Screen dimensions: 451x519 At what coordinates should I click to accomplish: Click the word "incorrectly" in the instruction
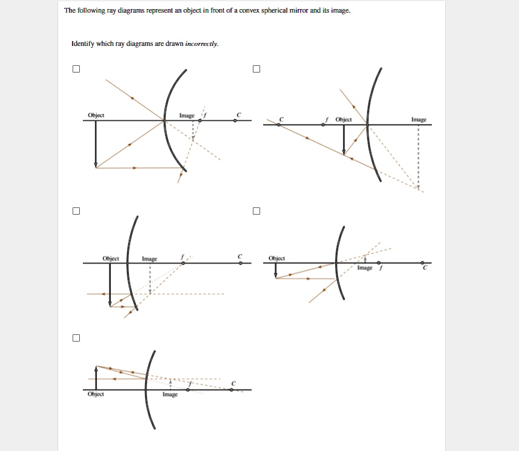tap(202, 44)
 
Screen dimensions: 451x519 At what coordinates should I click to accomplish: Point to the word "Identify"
tap(83, 44)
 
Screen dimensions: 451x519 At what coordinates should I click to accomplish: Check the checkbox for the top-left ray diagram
tap(76, 68)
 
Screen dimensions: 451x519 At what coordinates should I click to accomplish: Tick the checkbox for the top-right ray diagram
tap(256, 68)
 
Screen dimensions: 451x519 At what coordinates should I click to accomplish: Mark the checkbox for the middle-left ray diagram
tap(76, 211)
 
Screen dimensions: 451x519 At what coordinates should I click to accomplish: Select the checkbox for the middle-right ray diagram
tap(256, 211)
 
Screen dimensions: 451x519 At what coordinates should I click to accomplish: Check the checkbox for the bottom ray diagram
tap(76, 337)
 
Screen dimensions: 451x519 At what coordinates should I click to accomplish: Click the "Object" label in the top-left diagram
tap(96, 115)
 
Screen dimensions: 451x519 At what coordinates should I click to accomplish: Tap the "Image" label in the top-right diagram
tap(419, 120)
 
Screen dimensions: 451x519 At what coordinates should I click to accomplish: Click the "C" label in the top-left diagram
tap(238, 114)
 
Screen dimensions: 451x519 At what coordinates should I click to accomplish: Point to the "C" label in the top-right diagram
tap(280, 119)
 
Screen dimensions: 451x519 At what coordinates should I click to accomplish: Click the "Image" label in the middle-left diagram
tap(149, 259)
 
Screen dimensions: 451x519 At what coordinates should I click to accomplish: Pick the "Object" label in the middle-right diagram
tap(277, 258)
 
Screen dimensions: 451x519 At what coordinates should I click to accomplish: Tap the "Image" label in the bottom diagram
tap(170, 394)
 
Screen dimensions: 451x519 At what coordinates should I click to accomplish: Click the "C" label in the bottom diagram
tap(233, 383)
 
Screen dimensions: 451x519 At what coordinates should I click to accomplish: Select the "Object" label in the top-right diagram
tap(344, 120)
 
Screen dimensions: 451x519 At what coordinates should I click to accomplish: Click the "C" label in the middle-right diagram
tap(425, 268)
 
